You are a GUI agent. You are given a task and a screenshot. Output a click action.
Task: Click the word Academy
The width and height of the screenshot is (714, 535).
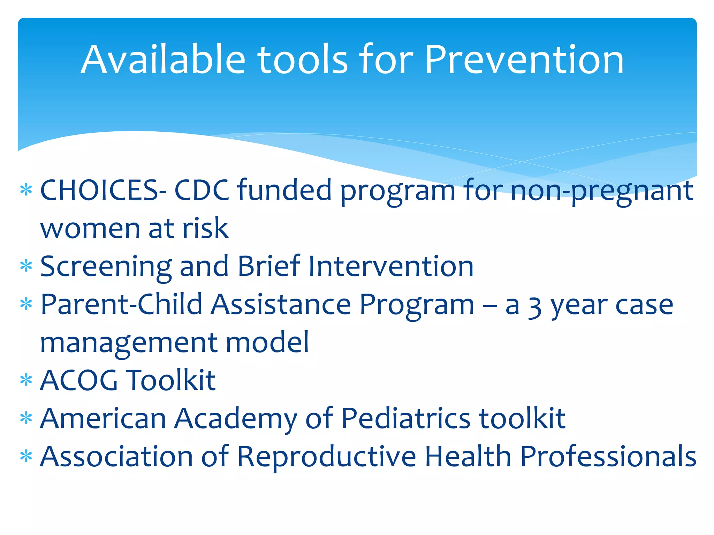[236, 419]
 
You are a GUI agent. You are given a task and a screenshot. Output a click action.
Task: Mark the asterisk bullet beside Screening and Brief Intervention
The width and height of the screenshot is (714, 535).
[26, 266]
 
